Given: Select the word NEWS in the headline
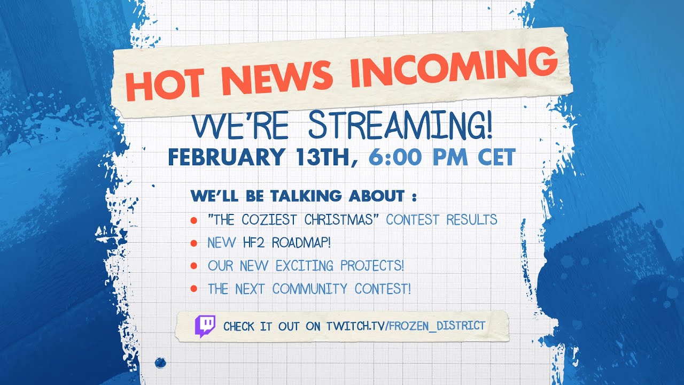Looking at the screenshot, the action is [276, 76].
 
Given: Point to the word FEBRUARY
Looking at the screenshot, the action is [226, 157].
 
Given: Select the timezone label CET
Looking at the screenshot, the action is [496, 157].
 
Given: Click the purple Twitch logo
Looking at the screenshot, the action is [205, 326].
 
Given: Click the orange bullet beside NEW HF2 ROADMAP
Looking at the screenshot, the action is [193, 243].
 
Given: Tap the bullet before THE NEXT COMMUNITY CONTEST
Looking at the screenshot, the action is [193, 288].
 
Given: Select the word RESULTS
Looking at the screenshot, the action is [472, 220].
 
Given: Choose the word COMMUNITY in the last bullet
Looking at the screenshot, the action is [309, 289].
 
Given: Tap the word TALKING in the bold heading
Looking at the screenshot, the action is [306, 196].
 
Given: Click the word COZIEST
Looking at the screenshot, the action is [269, 220].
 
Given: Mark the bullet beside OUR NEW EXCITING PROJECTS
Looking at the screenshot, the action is [193, 266].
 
